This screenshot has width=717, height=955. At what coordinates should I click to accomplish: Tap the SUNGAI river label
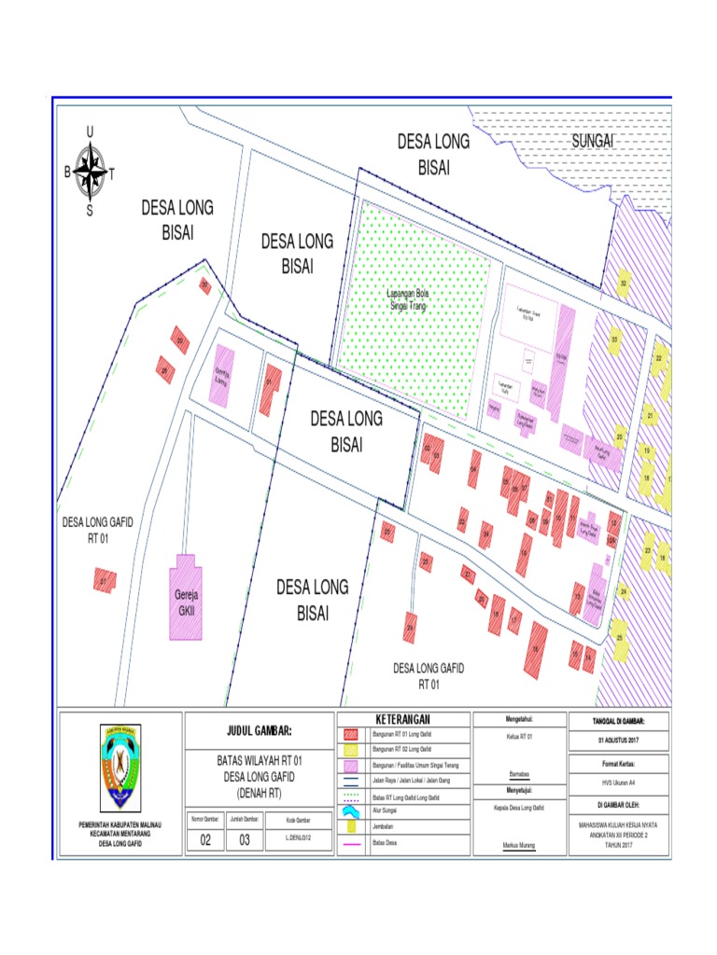591,140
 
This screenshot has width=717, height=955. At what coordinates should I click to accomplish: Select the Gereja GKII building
186,597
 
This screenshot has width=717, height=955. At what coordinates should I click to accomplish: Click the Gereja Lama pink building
222,375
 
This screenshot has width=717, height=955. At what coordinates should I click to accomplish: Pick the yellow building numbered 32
623,281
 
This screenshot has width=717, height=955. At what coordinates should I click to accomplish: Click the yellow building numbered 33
614,339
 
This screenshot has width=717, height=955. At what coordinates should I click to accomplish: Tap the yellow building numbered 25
620,638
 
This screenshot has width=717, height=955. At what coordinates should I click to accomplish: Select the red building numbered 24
409,628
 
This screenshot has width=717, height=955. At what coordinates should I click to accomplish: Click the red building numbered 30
204,285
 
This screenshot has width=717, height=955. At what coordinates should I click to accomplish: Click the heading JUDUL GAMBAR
260,729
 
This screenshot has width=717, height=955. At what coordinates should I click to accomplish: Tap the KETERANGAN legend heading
403,719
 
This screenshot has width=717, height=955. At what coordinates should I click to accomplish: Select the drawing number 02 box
205,838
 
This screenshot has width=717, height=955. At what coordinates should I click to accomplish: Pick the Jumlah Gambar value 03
245,838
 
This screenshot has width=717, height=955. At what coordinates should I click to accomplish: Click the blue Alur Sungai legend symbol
352,811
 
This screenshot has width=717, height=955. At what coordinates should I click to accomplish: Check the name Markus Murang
520,846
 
